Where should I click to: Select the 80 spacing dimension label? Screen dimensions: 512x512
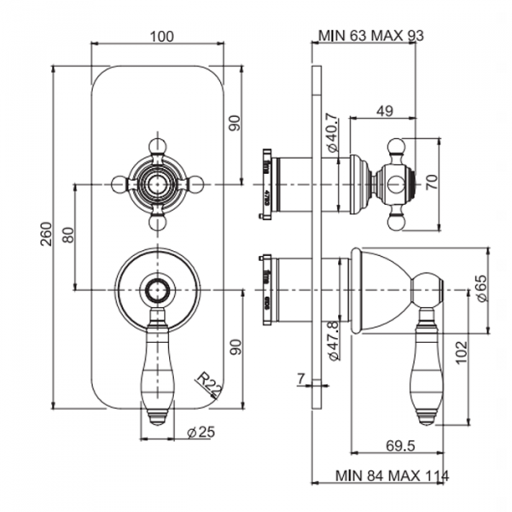(69, 235)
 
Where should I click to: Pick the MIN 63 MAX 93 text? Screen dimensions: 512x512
(370, 35)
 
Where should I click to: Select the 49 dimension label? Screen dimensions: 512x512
(384, 109)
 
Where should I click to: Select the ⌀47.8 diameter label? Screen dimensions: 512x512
(334, 340)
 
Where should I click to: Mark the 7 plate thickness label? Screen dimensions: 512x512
(300, 376)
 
